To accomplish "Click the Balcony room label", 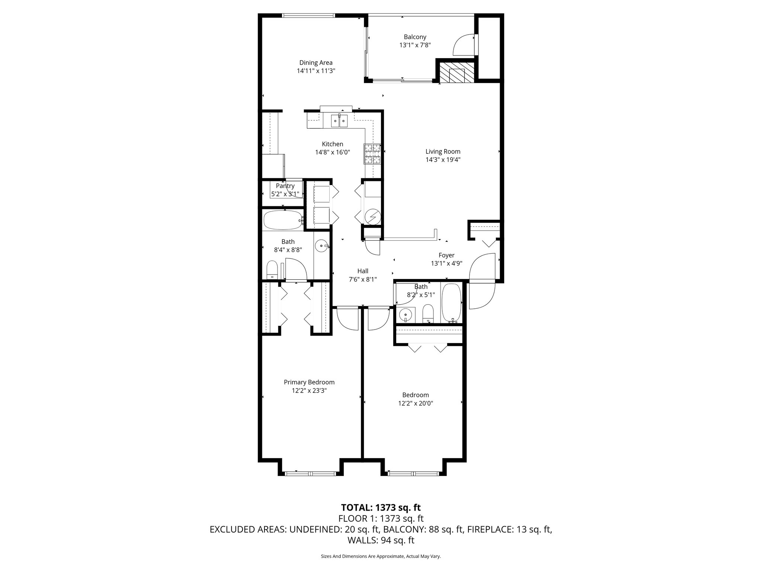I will coord(415,37).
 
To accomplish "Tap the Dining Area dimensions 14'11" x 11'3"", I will coord(316,71).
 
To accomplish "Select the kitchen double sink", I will coord(340,120).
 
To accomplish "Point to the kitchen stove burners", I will coord(373,154).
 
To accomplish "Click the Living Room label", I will coord(443,152).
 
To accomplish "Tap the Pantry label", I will coord(285,186).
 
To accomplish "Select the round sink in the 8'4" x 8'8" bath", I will coord(321,246).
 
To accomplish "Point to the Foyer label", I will coord(446,255).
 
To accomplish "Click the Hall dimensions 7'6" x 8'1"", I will coord(363,279).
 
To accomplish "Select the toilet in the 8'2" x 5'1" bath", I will coord(428,314).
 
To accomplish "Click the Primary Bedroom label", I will coord(309,382).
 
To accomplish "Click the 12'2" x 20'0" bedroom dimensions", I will coord(415,403).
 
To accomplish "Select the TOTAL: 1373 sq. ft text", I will coord(381,507).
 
